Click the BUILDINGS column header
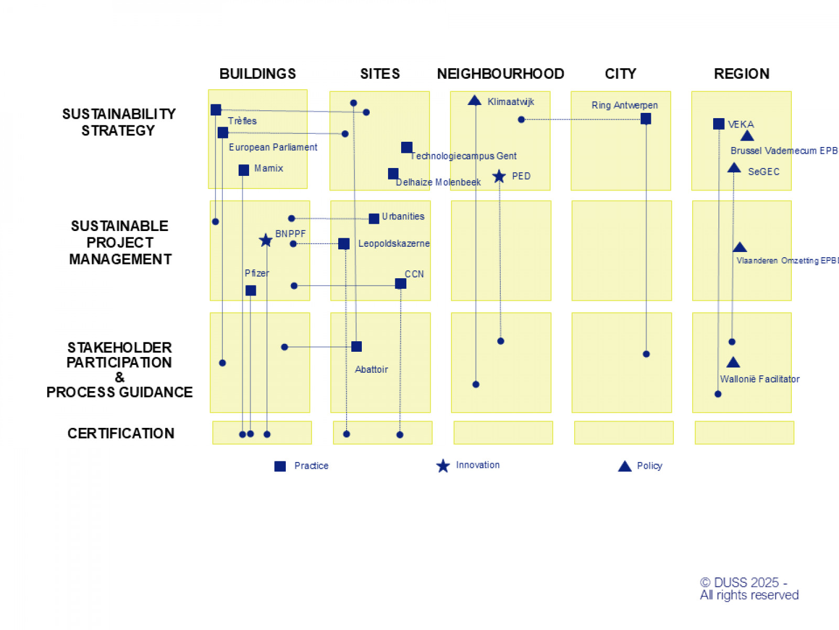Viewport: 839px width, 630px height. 257,74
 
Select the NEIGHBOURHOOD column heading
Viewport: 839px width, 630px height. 500,74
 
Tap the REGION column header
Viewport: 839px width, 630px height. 741,74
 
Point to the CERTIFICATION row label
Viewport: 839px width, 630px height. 121,433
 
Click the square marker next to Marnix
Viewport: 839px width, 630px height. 244,170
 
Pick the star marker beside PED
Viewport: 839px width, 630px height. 499,176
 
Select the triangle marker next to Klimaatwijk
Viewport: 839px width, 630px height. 475,100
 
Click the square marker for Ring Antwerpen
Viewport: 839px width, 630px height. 646,119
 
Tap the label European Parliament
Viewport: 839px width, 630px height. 273,148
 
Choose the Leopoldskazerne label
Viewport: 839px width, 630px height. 394,244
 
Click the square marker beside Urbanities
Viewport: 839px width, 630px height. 374,218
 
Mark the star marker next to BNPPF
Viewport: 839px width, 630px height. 266,240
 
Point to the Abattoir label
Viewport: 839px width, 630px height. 371,370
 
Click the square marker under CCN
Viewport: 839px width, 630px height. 401,284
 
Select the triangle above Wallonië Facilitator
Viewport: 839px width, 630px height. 733,362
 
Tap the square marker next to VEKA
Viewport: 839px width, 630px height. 719,124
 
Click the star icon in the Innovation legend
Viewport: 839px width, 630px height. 443,466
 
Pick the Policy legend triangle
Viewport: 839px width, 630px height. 625,466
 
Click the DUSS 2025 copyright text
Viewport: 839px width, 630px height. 749,589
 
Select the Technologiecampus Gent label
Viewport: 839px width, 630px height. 464,156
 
